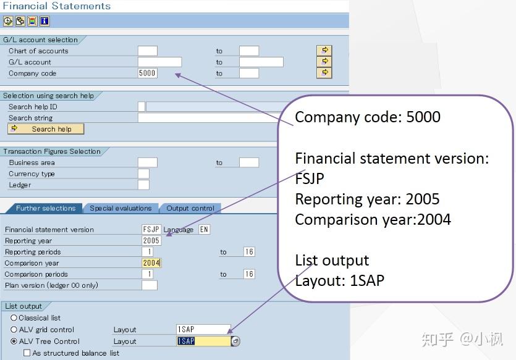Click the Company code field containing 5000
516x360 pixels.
(x=147, y=73)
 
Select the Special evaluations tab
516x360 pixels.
(x=121, y=208)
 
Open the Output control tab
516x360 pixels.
(x=190, y=208)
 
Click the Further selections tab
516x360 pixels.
(x=45, y=208)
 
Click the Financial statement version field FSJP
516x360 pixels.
(x=151, y=230)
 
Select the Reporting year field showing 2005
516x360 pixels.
(x=151, y=241)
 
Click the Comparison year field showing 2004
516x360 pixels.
(x=151, y=263)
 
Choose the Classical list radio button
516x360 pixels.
(x=14, y=318)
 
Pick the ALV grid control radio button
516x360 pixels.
(x=14, y=330)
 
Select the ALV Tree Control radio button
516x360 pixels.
(x=14, y=341)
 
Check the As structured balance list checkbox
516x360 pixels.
(x=27, y=353)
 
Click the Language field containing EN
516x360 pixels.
(x=204, y=230)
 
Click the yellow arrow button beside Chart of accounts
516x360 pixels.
(x=324, y=51)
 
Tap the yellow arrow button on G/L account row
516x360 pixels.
(x=324, y=62)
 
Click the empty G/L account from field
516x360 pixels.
(x=159, y=62)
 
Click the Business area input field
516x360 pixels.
(x=147, y=162)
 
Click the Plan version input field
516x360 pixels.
(x=149, y=285)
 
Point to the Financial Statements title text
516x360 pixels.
(x=57, y=6)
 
